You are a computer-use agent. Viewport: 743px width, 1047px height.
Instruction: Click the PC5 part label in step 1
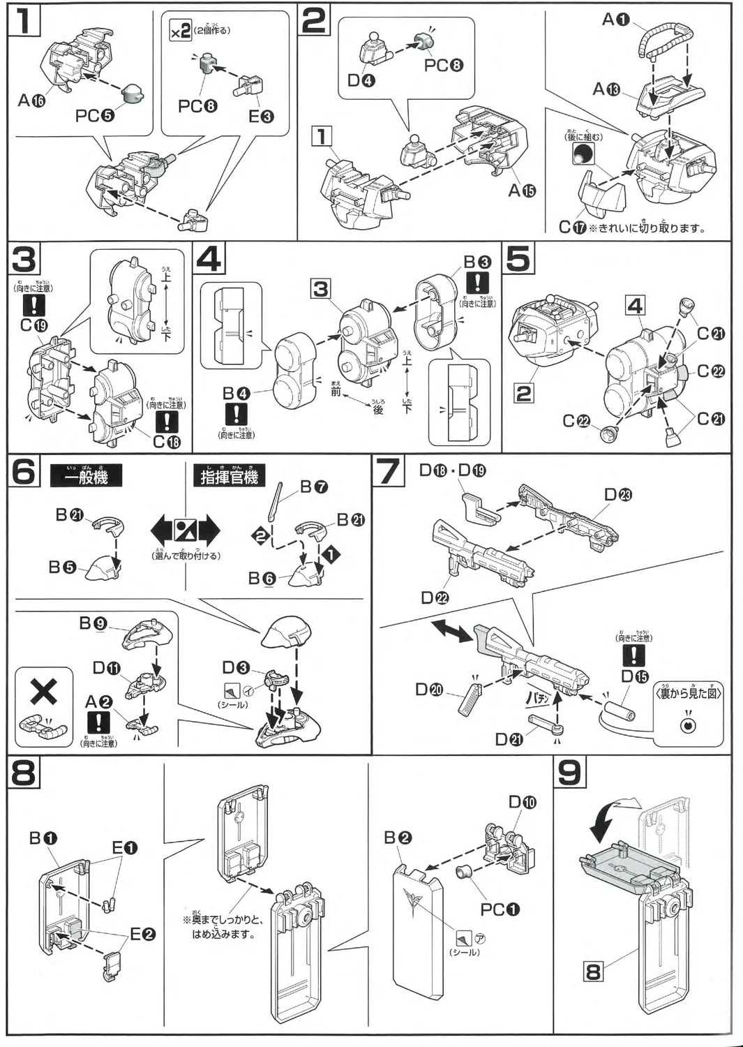pyautogui.click(x=95, y=115)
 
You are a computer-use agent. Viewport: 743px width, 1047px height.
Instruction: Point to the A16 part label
pyautogui.click(x=31, y=101)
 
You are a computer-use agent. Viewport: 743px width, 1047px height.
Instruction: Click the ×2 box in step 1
pyautogui.click(x=181, y=31)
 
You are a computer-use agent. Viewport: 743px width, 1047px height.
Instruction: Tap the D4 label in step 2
pyautogui.click(x=361, y=80)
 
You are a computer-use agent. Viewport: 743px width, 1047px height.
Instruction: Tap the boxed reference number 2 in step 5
pyautogui.click(x=523, y=394)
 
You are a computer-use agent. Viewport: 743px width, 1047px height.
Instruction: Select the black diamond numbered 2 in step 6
pyautogui.click(x=260, y=536)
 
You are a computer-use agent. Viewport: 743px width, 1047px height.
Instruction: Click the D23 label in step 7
pyautogui.click(x=618, y=495)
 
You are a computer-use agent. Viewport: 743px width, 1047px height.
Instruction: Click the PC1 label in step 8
pyautogui.click(x=500, y=909)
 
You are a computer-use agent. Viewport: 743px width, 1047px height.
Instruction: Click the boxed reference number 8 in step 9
pyautogui.click(x=593, y=971)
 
